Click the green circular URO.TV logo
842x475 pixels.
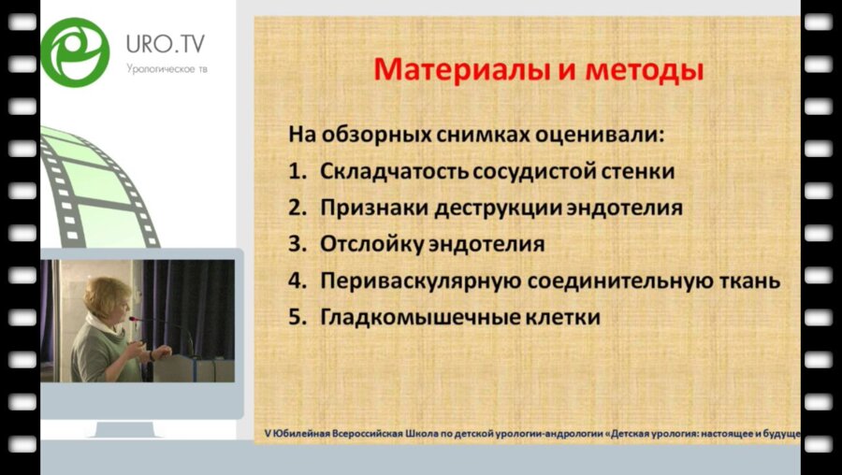(x=75, y=51)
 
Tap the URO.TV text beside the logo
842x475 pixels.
(x=166, y=43)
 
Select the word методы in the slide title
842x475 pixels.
(x=645, y=70)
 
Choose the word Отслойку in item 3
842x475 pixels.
(x=366, y=244)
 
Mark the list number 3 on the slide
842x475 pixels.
(x=295, y=244)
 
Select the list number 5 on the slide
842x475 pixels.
(x=295, y=317)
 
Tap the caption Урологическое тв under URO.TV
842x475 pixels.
(x=166, y=68)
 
